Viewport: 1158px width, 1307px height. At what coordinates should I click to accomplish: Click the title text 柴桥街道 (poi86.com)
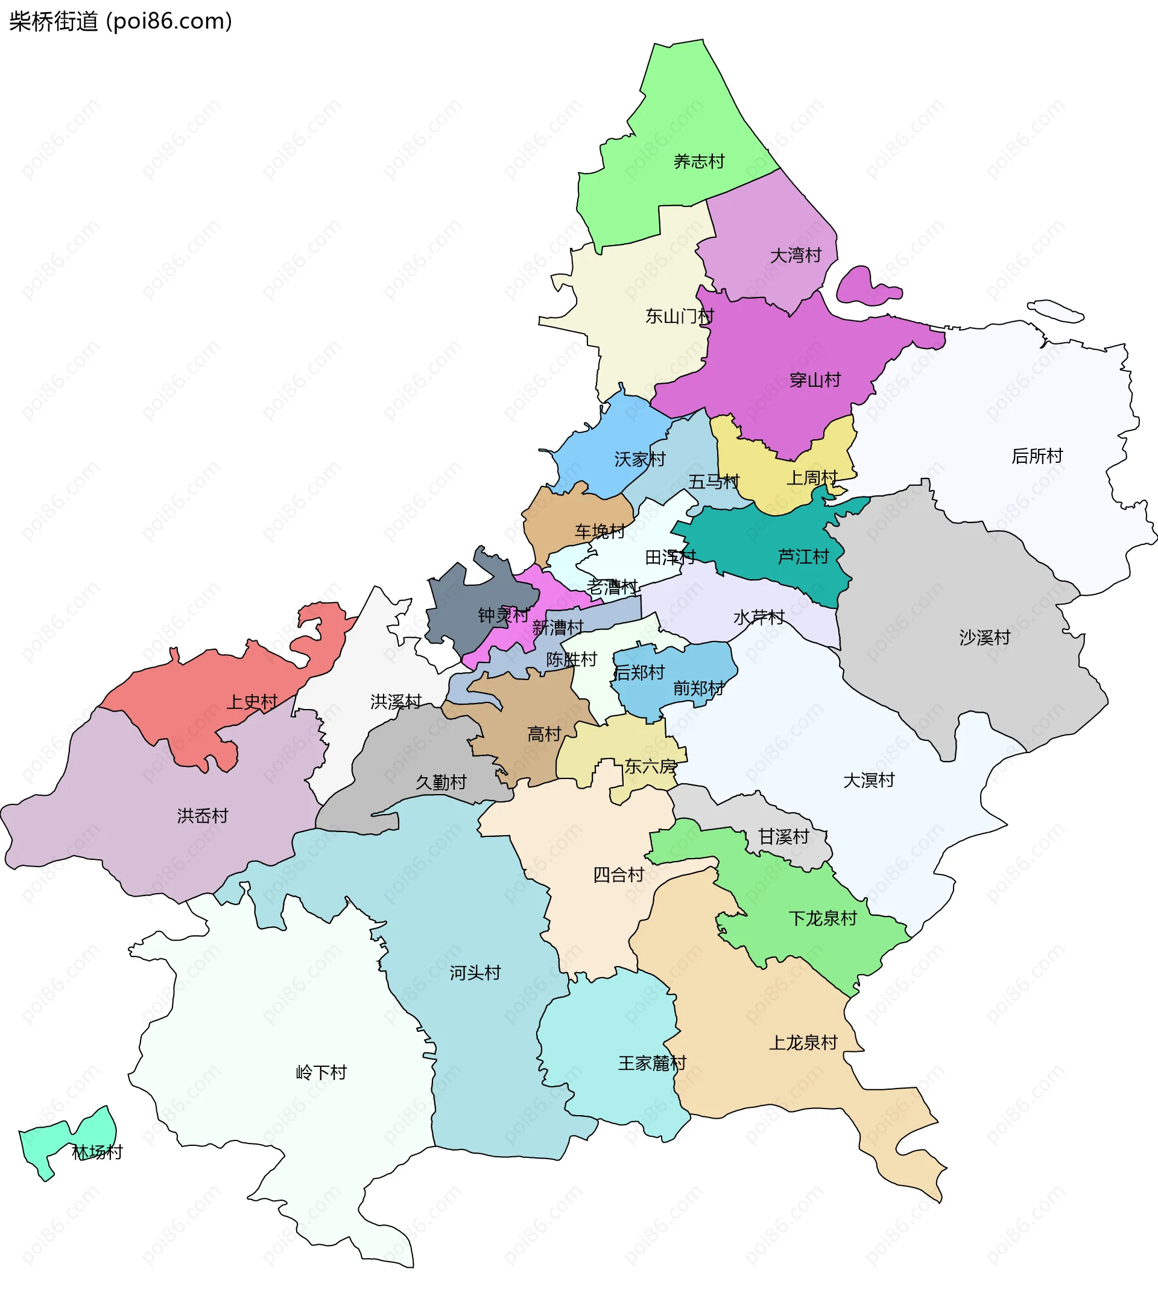[121, 22]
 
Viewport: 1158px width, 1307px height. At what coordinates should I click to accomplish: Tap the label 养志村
[698, 162]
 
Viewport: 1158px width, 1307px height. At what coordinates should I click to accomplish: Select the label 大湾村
[795, 256]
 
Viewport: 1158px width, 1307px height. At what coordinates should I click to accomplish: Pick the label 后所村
[1037, 457]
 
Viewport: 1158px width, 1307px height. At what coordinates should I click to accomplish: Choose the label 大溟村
[868, 780]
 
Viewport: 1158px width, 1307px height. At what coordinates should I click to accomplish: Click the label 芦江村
[803, 557]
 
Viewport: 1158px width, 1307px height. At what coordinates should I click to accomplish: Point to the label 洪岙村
[202, 816]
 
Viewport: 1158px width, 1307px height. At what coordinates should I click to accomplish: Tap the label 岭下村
[321, 1072]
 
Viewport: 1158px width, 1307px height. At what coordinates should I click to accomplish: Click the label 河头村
[474, 973]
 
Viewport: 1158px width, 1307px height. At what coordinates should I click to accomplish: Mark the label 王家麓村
[651, 1063]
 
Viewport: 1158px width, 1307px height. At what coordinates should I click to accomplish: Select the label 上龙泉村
[803, 1042]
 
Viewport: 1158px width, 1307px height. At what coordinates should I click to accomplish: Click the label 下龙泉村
[822, 918]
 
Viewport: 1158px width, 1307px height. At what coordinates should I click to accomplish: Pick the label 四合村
[618, 875]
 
